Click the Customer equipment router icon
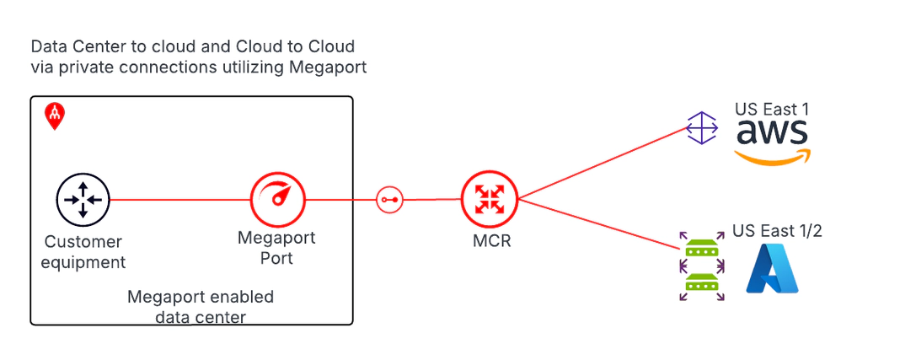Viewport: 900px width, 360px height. pyautogui.click(x=83, y=200)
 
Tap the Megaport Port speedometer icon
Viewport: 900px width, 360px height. pyautogui.click(x=277, y=200)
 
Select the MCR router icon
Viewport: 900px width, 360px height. pyautogui.click(x=489, y=200)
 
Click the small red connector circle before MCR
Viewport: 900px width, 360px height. pyautogui.click(x=389, y=200)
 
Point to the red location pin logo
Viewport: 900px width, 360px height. pyautogui.click(x=54, y=117)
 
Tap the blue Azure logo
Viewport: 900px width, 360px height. pyautogui.click(x=772, y=269)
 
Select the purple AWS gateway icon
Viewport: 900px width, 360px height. pyautogui.click(x=702, y=129)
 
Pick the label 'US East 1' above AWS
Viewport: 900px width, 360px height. pyautogui.click(x=771, y=109)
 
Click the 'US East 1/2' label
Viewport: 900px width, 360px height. pyautogui.click(x=776, y=231)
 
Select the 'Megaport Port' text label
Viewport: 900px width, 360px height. pyautogui.click(x=276, y=248)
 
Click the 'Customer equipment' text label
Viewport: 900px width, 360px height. pyautogui.click(x=84, y=252)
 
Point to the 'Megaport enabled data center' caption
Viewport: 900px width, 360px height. pyautogui.click(x=200, y=307)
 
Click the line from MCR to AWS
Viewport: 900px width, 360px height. pyautogui.click(x=603, y=164)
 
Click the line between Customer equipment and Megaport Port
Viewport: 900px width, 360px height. pyautogui.click(x=181, y=200)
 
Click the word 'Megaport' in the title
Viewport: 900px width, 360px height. pyautogui.click(x=328, y=67)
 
